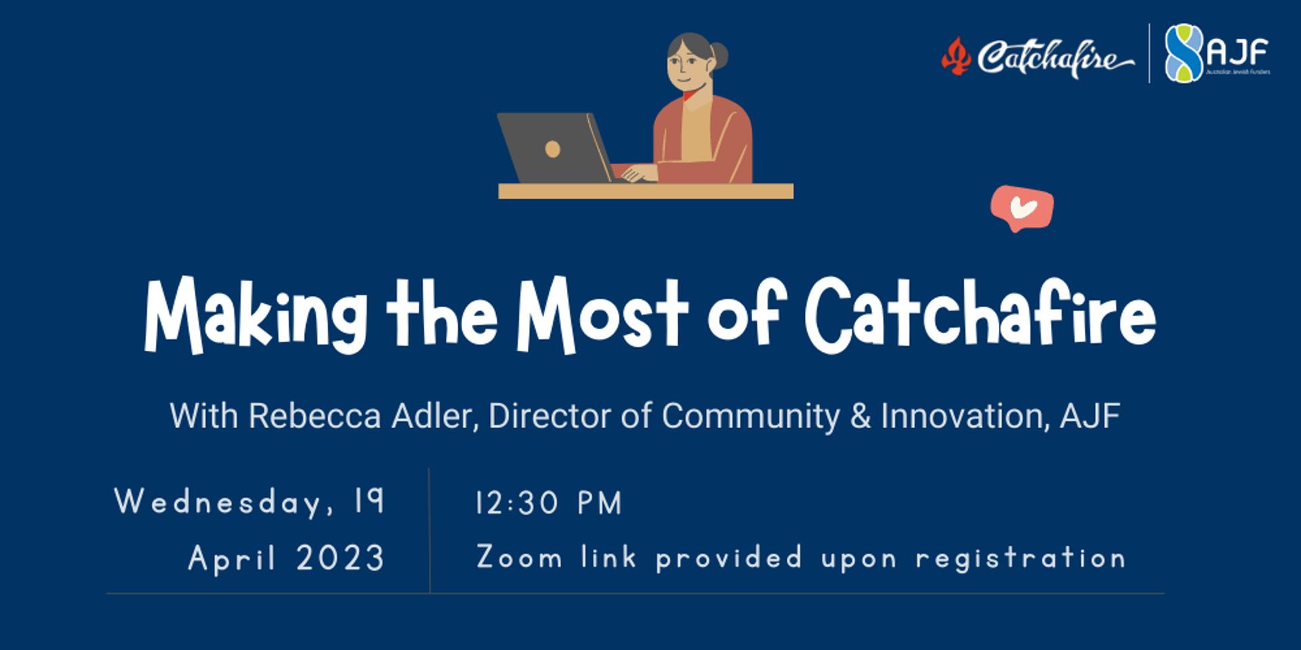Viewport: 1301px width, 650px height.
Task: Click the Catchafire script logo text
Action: point(1054,58)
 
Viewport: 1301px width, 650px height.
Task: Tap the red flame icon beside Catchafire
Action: point(955,56)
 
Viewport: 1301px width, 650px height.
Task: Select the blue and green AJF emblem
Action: point(1183,53)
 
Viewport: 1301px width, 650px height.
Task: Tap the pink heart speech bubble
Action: point(1023,209)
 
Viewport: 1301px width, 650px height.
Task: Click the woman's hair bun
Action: point(719,56)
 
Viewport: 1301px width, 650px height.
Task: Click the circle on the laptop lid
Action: point(552,149)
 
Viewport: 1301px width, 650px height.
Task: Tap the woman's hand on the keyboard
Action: point(638,173)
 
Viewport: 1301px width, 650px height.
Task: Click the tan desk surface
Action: point(645,191)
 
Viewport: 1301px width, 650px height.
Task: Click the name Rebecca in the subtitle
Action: point(314,416)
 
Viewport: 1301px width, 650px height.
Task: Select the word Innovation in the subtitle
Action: point(961,416)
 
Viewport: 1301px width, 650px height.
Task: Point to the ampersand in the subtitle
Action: point(860,416)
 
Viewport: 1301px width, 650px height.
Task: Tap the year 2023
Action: point(340,559)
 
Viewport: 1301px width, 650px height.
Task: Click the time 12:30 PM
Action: point(548,503)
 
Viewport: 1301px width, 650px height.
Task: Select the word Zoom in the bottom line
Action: point(519,558)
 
